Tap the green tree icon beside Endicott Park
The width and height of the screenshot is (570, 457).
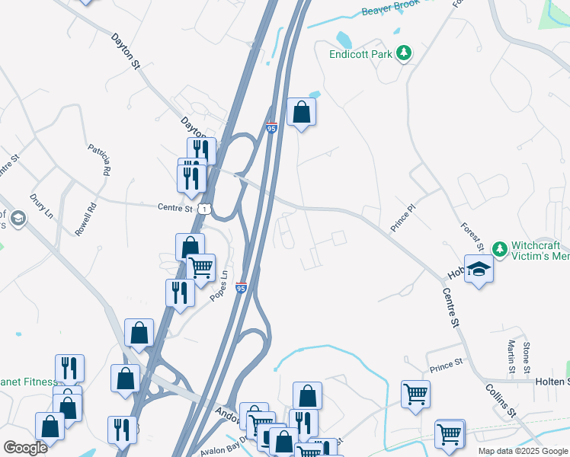(405, 53)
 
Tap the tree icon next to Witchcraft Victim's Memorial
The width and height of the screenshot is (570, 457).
(499, 249)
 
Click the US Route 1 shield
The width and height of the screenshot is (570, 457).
(203, 208)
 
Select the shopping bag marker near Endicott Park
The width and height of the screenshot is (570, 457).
(302, 112)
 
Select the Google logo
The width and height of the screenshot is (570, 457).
(25, 447)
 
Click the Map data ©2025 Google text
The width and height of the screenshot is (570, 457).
(522, 451)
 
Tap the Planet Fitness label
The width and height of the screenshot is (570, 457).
(27, 382)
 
